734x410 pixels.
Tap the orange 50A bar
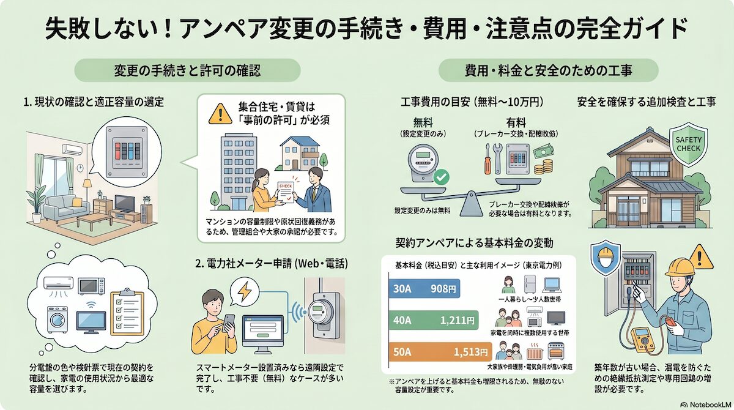pos(440,352)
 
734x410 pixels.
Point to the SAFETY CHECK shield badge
pos(689,144)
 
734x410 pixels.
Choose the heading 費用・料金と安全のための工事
pos(548,70)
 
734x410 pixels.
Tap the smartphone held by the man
pos(227,323)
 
